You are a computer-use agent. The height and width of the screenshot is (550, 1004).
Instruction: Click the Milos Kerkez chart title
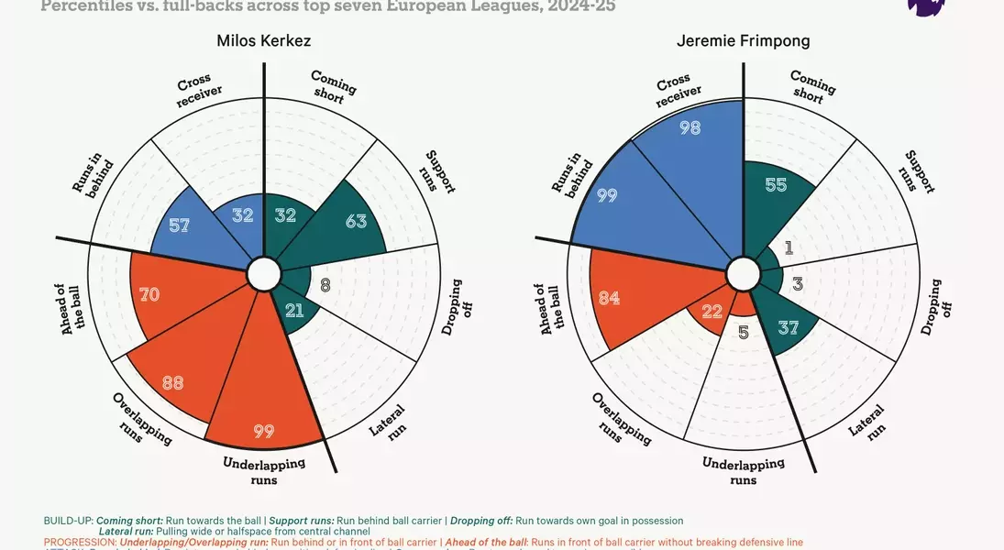[264, 41]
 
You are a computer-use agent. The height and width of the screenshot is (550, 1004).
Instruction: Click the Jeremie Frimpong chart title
[743, 41]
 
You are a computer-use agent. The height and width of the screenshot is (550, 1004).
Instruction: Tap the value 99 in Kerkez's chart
[264, 431]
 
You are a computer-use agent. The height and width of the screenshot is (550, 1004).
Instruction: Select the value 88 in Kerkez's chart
[172, 382]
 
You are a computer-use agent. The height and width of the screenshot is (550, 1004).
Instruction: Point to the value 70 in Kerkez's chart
[149, 294]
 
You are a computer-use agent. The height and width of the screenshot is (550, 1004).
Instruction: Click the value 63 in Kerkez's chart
[357, 221]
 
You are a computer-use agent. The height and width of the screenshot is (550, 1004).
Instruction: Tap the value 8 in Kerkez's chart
[325, 285]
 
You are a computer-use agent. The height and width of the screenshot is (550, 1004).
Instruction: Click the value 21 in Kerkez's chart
[294, 311]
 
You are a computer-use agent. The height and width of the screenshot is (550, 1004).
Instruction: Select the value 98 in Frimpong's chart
[690, 128]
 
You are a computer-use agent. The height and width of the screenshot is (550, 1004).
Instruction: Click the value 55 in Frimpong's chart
[776, 184]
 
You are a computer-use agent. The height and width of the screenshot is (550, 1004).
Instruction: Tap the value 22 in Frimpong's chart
[712, 312]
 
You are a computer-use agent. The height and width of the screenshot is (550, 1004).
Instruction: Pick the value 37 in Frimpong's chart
[788, 326]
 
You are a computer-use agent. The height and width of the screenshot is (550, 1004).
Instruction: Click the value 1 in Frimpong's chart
[789, 248]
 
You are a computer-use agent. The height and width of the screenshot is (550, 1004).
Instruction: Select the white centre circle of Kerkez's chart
[264, 273]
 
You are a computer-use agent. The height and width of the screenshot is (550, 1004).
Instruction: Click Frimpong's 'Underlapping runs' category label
[743, 470]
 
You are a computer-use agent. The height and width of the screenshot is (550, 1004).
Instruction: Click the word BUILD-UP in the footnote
[69, 521]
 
